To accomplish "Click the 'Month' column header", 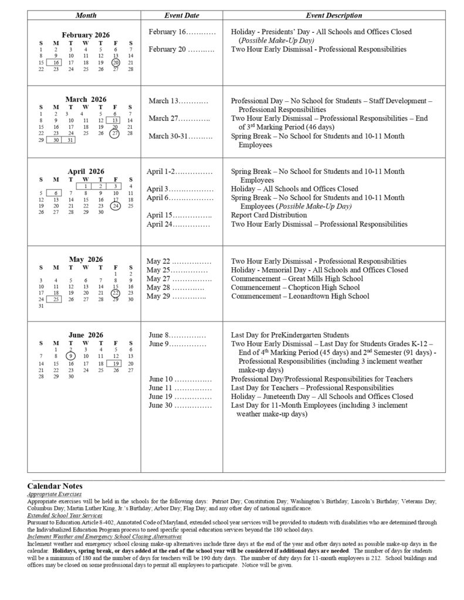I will (x=86, y=15).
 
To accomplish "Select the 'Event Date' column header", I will (x=181, y=15).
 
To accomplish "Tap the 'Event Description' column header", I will (x=333, y=15).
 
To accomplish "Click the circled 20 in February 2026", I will (x=116, y=62).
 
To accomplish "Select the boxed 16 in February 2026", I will (x=56, y=62).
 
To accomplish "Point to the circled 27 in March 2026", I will (x=116, y=133).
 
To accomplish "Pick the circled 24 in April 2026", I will (x=116, y=206).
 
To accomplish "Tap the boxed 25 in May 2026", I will (x=56, y=299).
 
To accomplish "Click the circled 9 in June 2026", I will (x=70, y=356).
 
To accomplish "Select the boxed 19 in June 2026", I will (x=116, y=363).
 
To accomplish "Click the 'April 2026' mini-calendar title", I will (x=86, y=172).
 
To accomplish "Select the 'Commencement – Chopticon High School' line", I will (x=295, y=288).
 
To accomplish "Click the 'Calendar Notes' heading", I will (x=55, y=486).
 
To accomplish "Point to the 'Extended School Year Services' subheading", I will (x=65, y=515).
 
